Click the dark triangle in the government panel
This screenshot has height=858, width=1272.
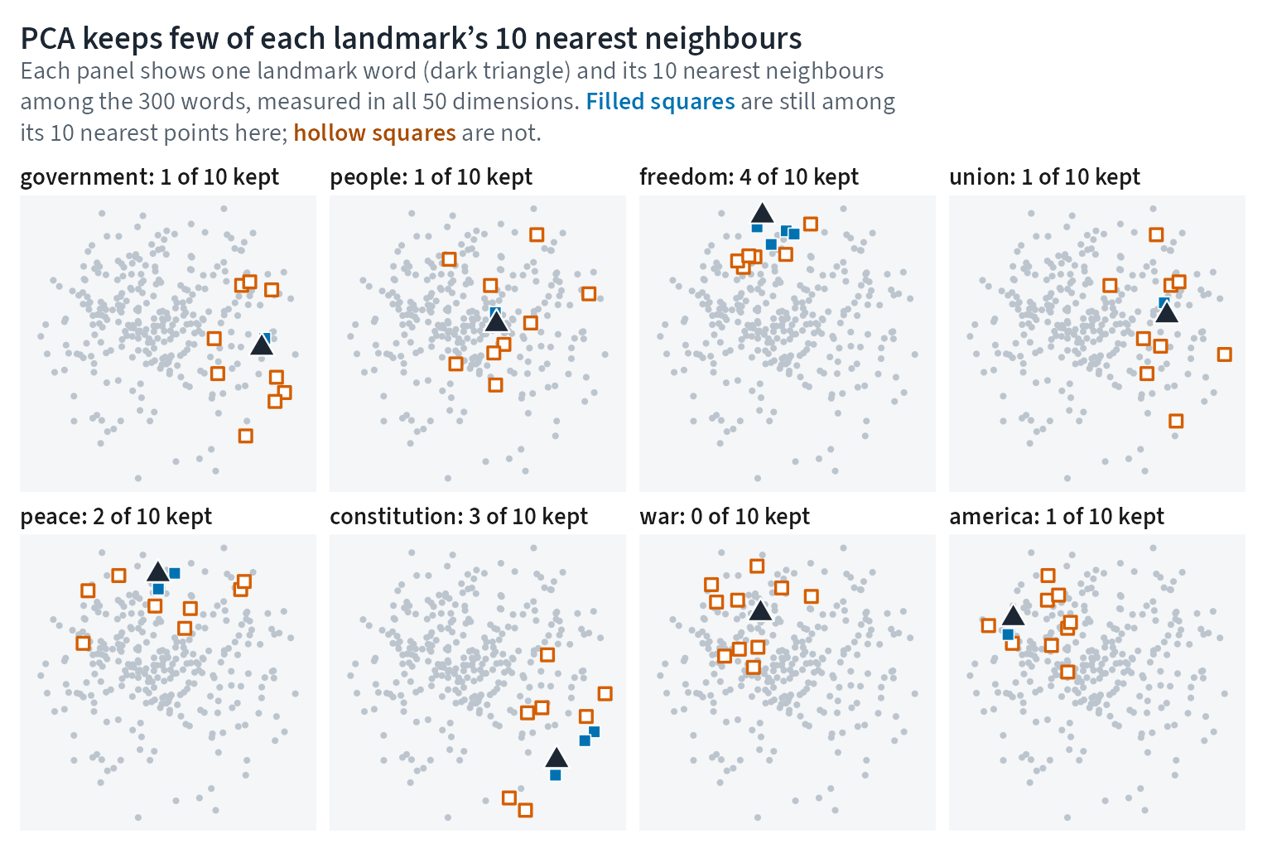click(262, 345)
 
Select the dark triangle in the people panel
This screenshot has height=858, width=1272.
click(496, 322)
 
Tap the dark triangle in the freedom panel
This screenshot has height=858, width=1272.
click(762, 214)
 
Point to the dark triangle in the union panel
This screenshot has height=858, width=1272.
click(1167, 312)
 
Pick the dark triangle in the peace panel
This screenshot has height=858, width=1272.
click(158, 571)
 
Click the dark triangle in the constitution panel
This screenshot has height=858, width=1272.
click(556, 758)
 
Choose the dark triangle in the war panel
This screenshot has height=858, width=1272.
click(760, 611)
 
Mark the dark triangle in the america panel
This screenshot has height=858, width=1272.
click(1013, 615)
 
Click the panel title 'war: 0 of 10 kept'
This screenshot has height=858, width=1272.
click(725, 517)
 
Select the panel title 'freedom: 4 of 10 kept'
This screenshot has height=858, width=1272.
click(749, 177)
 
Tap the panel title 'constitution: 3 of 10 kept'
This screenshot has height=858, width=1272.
click(459, 517)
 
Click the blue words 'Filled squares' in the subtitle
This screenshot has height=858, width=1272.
click(660, 102)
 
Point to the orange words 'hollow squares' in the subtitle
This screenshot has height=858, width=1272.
click(375, 133)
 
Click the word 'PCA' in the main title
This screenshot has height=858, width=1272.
click(48, 39)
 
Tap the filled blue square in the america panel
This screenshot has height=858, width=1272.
click(1008, 634)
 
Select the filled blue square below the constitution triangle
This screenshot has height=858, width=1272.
click(556, 775)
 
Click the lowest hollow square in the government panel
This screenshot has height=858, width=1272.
click(245, 436)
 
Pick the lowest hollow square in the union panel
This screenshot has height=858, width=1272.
click(1176, 422)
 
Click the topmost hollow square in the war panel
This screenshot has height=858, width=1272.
click(757, 566)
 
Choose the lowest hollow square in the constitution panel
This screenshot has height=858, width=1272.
click(525, 810)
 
